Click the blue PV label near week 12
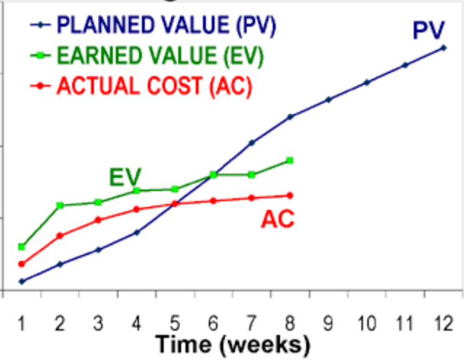click(429, 30)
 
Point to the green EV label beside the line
click(126, 176)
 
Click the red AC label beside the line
click(277, 218)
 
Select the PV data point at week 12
click(444, 47)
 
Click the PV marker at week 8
click(290, 117)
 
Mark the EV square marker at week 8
click(290, 161)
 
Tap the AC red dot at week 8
click(290, 196)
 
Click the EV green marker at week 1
click(22, 247)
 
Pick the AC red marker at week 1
click(22, 264)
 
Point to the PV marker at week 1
click(22, 281)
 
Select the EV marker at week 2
click(60, 205)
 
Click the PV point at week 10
click(367, 82)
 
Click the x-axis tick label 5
click(175, 323)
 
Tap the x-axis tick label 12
click(442, 323)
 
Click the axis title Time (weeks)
click(232, 343)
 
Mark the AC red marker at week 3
click(98, 220)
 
